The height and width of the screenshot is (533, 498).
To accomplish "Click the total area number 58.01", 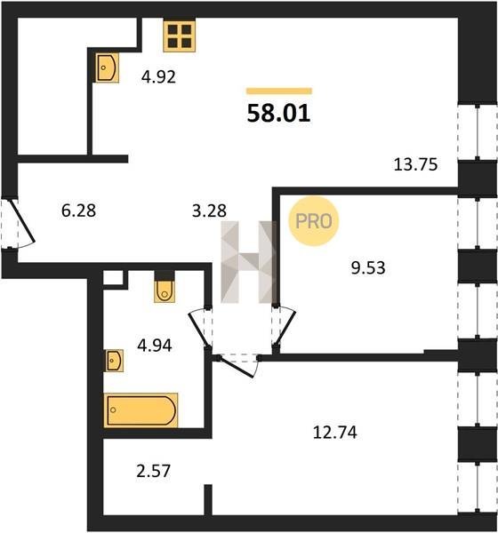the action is click(278, 113).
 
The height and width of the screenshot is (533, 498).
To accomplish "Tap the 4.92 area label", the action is click(158, 76).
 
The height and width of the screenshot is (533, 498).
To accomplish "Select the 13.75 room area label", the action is click(415, 164).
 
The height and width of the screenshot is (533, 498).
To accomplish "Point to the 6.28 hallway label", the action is click(78, 211).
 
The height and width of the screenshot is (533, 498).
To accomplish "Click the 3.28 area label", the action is click(209, 211).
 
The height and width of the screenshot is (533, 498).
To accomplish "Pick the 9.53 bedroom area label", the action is click(368, 268).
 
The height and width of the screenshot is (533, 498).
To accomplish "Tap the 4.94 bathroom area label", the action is click(155, 346).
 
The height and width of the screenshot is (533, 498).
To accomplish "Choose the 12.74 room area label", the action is click(335, 433).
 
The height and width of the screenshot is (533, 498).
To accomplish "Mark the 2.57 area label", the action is click(153, 471).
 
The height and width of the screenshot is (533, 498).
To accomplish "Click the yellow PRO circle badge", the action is click(314, 221).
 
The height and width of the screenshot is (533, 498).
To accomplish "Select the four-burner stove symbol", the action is click(179, 36).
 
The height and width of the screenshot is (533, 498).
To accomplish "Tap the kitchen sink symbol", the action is click(107, 68).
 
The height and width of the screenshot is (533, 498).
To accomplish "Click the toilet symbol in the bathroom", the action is click(165, 291).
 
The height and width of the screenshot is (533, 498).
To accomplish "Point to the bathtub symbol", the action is click(141, 410).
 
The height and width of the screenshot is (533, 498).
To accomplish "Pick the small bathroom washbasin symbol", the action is click(114, 361).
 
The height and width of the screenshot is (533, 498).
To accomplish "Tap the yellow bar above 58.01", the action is click(279, 91).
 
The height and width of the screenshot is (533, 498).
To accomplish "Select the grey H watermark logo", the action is click(248, 262).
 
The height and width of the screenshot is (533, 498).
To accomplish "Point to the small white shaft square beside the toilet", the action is click(113, 277).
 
